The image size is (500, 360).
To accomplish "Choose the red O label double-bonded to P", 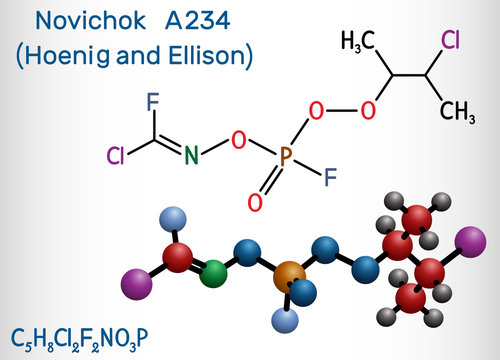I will tap(254, 205).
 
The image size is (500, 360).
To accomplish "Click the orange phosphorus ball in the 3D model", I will tap(289, 274).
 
